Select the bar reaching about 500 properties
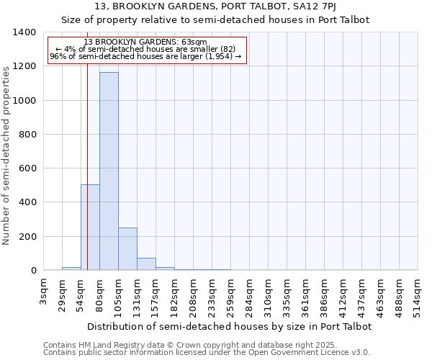(x=90, y=228)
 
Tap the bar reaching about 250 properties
(x=127, y=249)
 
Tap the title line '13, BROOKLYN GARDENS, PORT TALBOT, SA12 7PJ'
(x=215, y=7)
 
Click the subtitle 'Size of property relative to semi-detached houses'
(x=215, y=20)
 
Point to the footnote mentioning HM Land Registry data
(x=205, y=345)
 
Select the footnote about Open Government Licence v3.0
(x=207, y=353)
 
